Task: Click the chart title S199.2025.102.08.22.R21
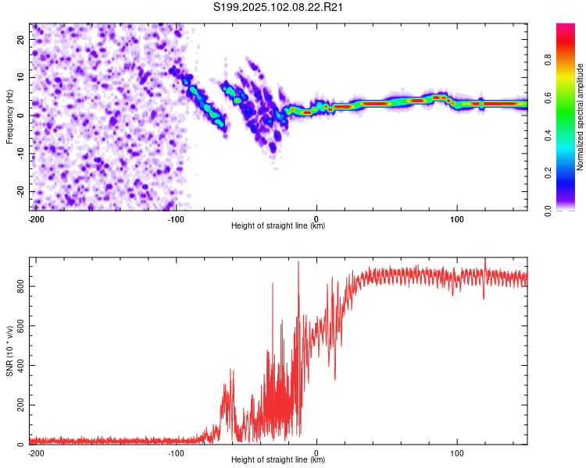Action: pyautogui.click(x=277, y=7)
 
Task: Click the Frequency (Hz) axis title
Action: pyautogui.click(x=9, y=117)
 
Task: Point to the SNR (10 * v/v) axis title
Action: pyautogui.click(x=9, y=351)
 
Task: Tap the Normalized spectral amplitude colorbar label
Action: pyautogui.click(x=580, y=117)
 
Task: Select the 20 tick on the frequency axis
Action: pyautogui.click(x=20, y=39)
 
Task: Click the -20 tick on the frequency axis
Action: pyautogui.click(x=20, y=191)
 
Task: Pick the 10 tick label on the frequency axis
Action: pyautogui.click(x=20, y=77)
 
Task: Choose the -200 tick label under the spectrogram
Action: pyautogui.click(x=36, y=219)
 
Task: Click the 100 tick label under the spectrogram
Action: pyautogui.click(x=457, y=219)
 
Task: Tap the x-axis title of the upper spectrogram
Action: pyautogui.click(x=278, y=225)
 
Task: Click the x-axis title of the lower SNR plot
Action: pyautogui.click(x=278, y=459)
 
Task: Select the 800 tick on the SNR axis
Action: pyautogui.click(x=20, y=286)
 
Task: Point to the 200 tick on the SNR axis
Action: pyautogui.click(x=20, y=405)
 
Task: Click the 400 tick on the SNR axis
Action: pyautogui.click(x=20, y=365)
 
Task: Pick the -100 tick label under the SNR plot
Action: pyautogui.click(x=176, y=453)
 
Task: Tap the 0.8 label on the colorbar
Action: pyautogui.click(x=548, y=60)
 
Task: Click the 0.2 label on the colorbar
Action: pyautogui.click(x=548, y=173)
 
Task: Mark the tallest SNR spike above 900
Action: pyautogui.click(x=298, y=262)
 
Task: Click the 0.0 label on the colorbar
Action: pyautogui.click(x=548, y=211)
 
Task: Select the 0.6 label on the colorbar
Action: pyautogui.click(x=548, y=97)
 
